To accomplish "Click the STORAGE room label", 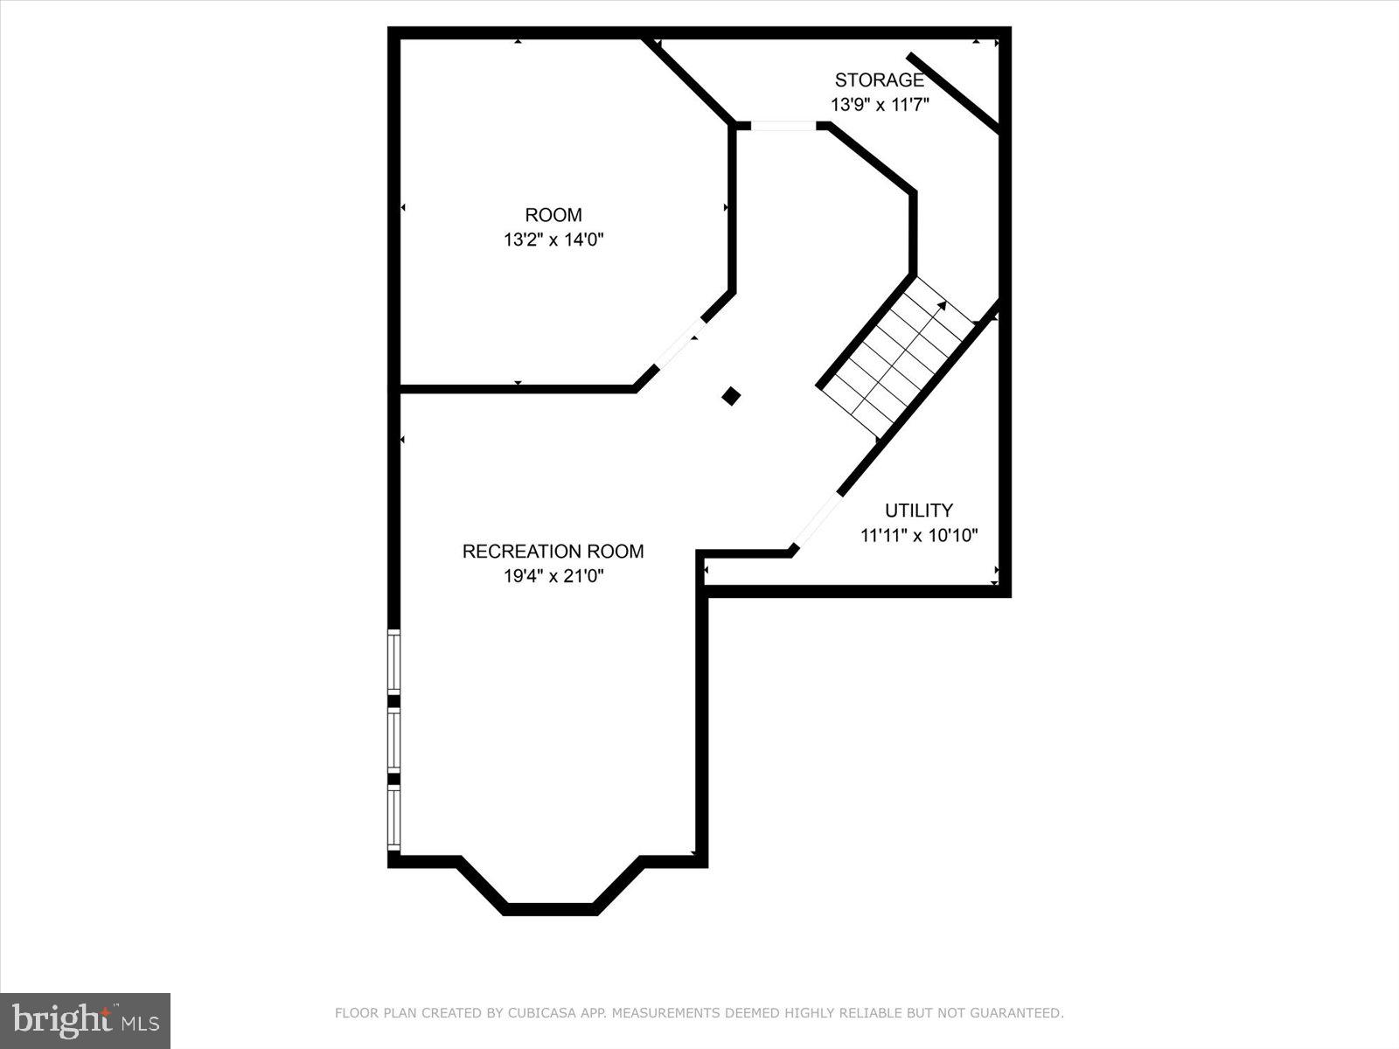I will pyautogui.click(x=879, y=80).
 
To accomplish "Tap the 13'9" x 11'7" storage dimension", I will pyautogui.click(x=879, y=105).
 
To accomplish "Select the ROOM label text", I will pyautogui.click(x=553, y=215).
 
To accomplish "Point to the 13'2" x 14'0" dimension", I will pyautogui.click(x=553, y=240).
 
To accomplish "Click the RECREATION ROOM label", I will pyautogui.click(x=553, y=552).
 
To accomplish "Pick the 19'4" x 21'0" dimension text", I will pyautogui.click(x=553, y=576).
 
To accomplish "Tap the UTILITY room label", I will pyautogui.click(x=919, y=511).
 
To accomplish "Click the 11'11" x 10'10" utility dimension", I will pyautogui.click(x=919, y=535).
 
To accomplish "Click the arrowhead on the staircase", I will pyautogui.click(x=941, y=306).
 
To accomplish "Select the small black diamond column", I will pyautogui.click(x=731, y=397).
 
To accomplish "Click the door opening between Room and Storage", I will pyautogui.click(x=783, y=126).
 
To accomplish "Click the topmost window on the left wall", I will pyautogui.click(x=394, y=662).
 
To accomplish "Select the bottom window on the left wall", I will pyautogui.click(x=394, y=817).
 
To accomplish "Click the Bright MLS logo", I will pyautogui.click(x=86, y=1020).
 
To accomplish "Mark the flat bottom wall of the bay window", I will pyautogui.click(x=550, y=909).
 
